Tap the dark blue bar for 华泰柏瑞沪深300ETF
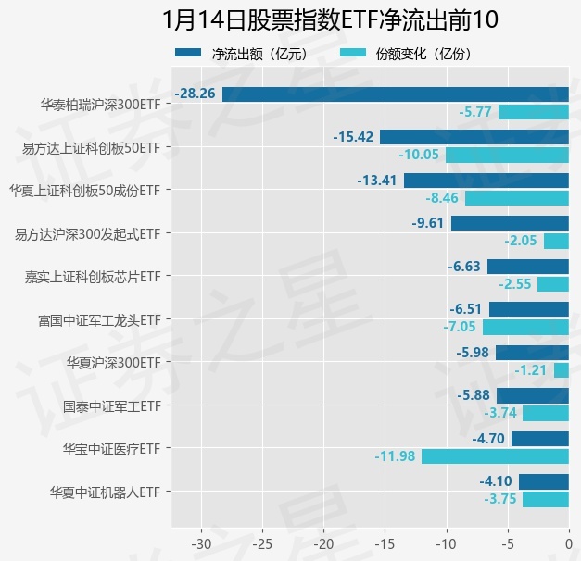pos(395,93)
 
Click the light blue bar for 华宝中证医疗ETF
pos(495,456)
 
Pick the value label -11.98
pos(396,456)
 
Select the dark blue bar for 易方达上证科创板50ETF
pos(474,137)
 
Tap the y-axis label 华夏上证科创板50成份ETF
pos(85,190)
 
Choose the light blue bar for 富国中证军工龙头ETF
pos(525,327)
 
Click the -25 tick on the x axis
pos(262,542)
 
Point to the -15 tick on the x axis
pos(385,542)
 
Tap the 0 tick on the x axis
pos(569,542)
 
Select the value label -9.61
pos(428,223)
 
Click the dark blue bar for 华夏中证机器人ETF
pos(543,481)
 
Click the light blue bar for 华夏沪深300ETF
pos(562,370)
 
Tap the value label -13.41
pos(378,180)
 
